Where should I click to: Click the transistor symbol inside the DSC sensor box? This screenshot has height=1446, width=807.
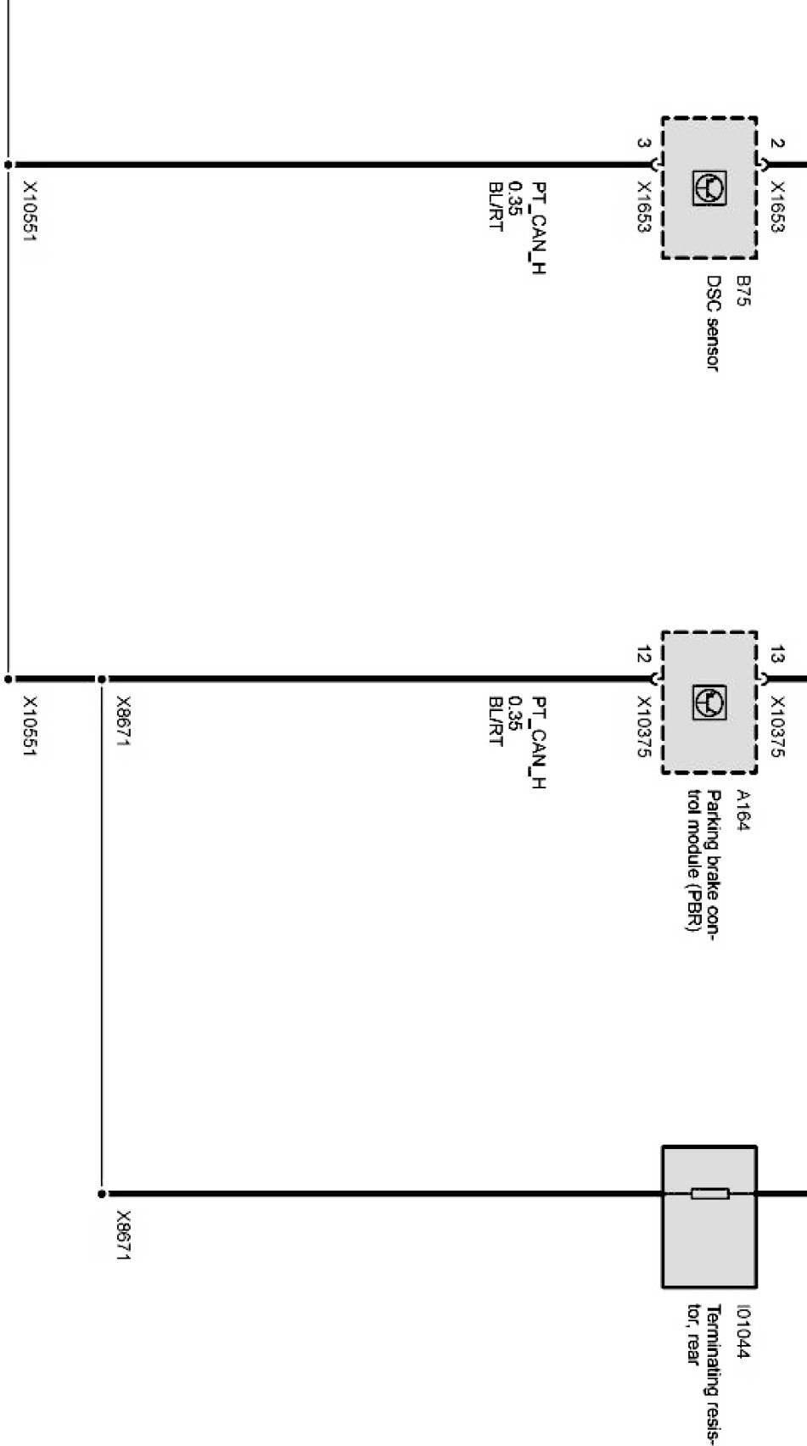click(709, 187)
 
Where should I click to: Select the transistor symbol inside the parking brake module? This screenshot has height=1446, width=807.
click(709, 701)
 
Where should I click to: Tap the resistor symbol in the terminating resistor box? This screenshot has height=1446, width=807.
click(709, 1194)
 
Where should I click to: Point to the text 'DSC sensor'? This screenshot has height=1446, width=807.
click(714, 322)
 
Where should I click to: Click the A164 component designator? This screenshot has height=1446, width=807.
click(744, 811)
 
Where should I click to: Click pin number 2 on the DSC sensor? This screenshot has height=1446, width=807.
click(776, 143)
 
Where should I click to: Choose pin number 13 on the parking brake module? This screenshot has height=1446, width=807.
click(776, 655)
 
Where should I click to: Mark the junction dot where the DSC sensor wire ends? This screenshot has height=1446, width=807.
click(8, 165)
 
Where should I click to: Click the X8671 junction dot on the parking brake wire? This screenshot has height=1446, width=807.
click(101, 679)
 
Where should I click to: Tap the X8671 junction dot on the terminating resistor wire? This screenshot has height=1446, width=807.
click(101, 1194)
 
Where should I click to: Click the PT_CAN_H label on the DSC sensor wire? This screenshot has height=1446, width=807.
click(538, 227)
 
